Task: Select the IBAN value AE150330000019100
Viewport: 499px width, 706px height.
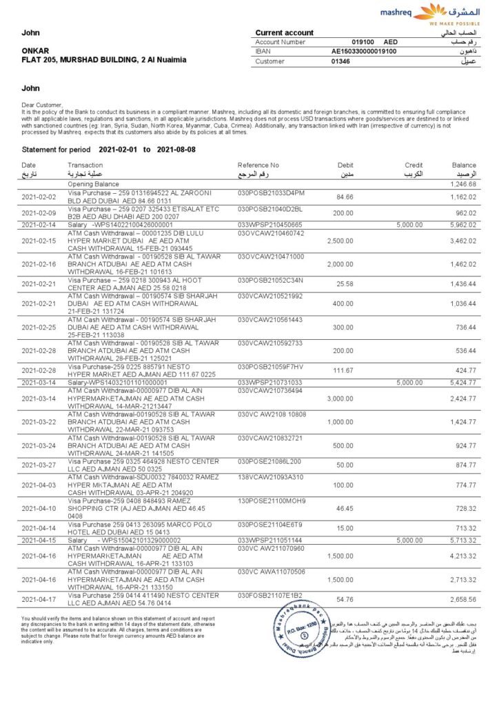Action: (x=363, y=51)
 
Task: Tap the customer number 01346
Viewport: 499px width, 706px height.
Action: (x=340, y=61)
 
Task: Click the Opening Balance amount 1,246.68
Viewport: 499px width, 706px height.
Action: (x=463, y=185)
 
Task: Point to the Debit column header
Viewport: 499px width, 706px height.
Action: (x=345, y=165)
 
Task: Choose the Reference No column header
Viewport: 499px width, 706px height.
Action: (x=258, y=165)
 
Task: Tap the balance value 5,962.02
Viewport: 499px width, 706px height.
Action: (x=463, y=225)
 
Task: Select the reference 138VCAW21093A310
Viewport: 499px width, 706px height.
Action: (x=270, y=477)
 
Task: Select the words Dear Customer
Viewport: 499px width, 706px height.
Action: (x=42, y=105)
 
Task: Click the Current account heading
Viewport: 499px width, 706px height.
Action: (x=284, y=32)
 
